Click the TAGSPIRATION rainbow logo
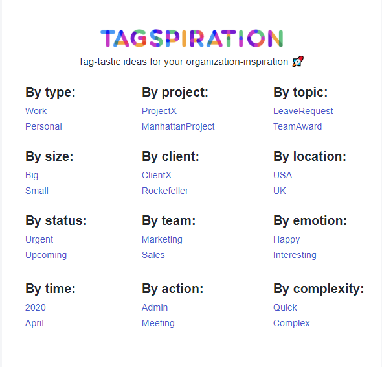click(x=192, y=39)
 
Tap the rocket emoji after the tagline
click(x=298, y=62)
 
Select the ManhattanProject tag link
click(x=178, y=126)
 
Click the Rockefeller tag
click(x=165, y=191)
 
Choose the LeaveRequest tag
click(x=303, y=111)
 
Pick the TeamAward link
click(x=297, y=126)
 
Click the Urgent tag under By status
click(x=39, y=239)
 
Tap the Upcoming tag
click(x=46, y=255)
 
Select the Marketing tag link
click(x=162, y=239)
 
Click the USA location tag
click(x=282, y=175)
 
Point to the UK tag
click(x=279, y=191)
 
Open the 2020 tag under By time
click(x=36, y=307)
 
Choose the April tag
click(x=34, y=323)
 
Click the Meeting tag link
click(x=158, y=323)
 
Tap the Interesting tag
click(x=295, y=255)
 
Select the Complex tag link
click(x=291, y=323)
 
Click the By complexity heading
click(x=319, y=289)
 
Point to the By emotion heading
click(x=310, y=220)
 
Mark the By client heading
click(x=170, y=156)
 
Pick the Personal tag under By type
click(x=43, y=126)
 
